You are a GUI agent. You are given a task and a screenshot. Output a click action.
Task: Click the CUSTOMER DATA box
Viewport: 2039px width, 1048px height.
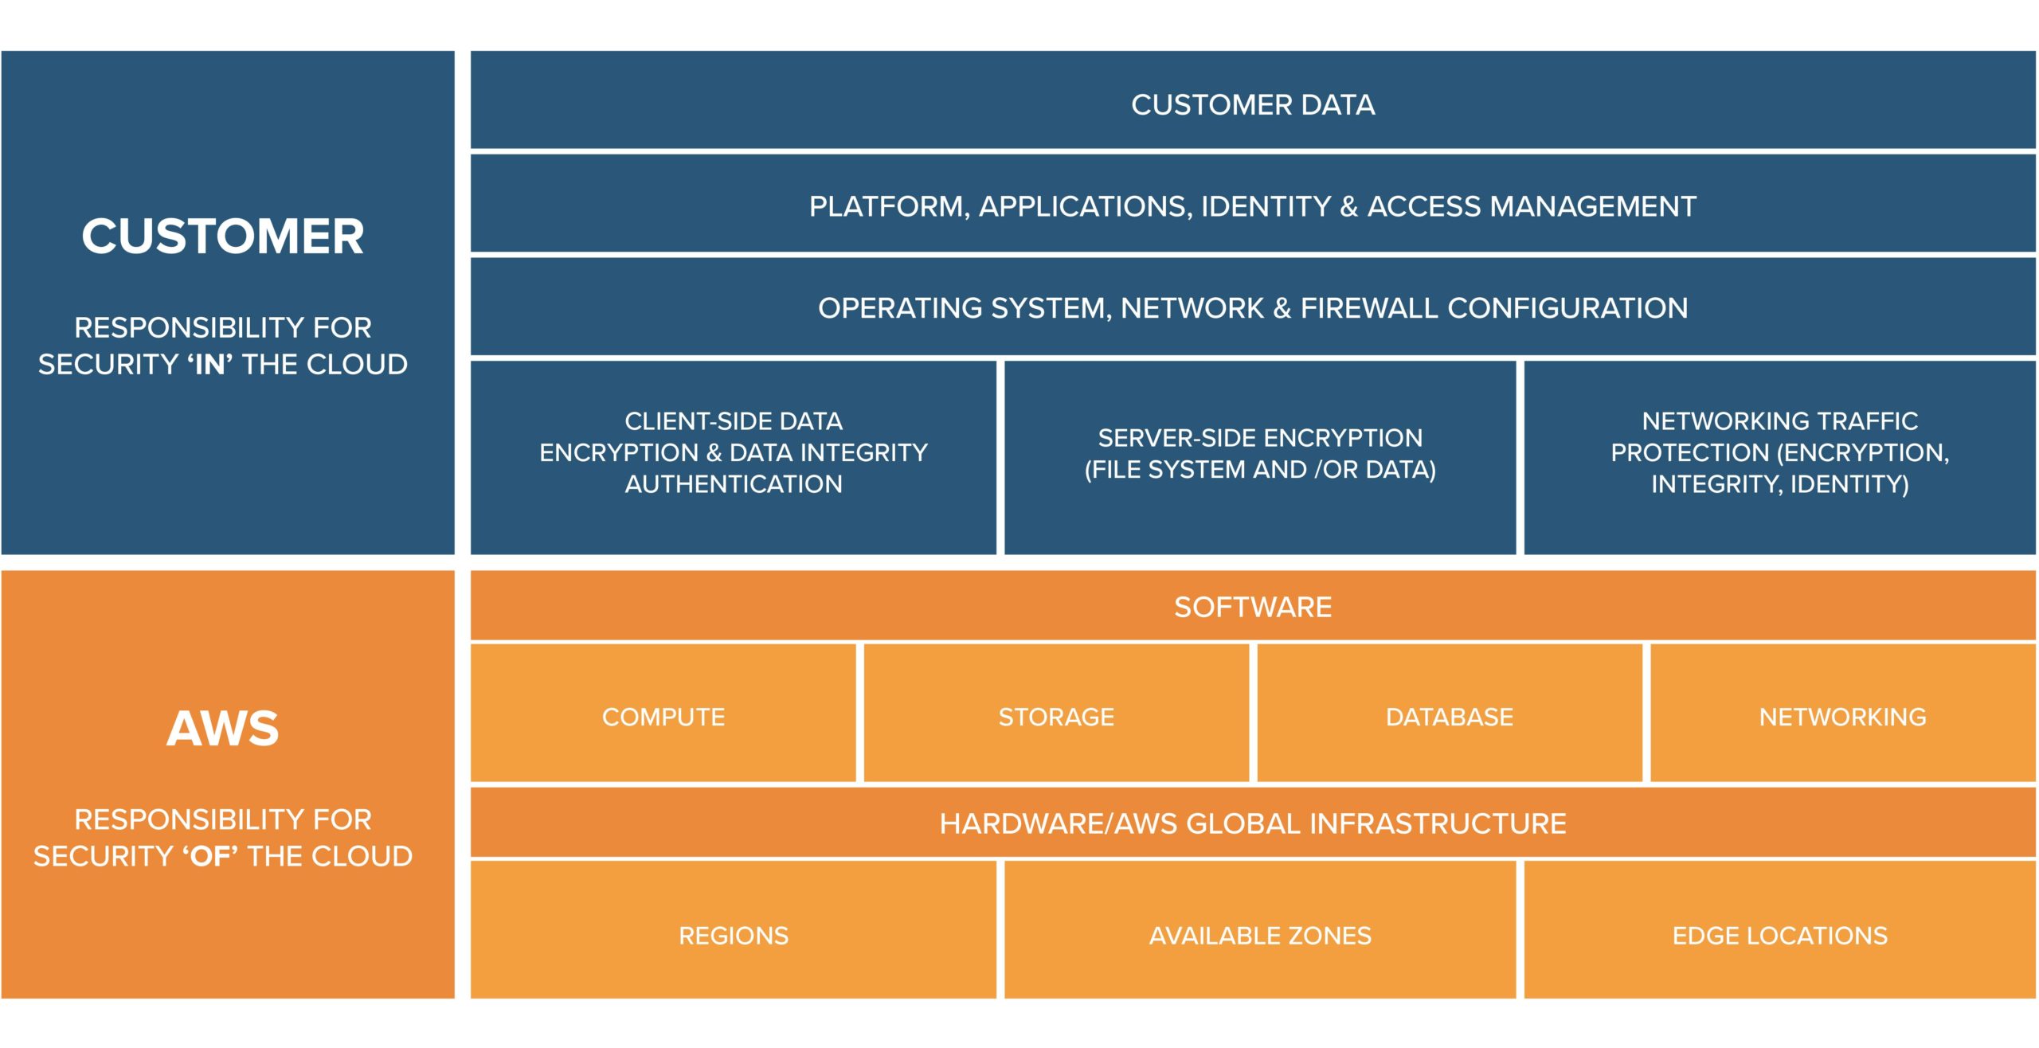[x=1252, y=104]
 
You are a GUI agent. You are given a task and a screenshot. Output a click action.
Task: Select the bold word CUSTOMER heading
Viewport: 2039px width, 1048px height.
[x=223, y=237]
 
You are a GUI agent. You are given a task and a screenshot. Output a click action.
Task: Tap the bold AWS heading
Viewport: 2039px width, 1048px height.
[x=223, y=728]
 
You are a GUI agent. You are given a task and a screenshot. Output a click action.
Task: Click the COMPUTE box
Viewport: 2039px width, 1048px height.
[x=663, y=717]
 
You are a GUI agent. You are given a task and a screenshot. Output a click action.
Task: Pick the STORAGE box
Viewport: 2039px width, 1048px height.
[x=1056, y=717]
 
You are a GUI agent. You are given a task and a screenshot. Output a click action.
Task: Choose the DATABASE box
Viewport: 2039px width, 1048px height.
[x=1449, y=717]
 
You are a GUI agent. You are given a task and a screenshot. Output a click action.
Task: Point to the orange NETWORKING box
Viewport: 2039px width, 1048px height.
[x=1842, y=717]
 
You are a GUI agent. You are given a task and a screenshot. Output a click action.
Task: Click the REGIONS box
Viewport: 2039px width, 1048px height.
[x=733, y=935]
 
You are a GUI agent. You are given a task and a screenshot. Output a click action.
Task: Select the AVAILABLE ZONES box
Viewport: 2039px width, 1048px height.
[x=1260, y=935]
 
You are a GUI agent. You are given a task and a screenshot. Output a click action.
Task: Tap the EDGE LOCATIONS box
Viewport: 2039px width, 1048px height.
[x=1779, y=935]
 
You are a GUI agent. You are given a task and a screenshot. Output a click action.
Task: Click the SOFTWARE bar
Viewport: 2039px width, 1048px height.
[x=1252, y=607]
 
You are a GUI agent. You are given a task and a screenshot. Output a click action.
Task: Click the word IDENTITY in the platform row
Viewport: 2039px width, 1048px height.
[x=1265, y=206]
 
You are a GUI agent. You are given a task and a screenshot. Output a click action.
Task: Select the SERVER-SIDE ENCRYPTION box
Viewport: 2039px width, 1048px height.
[x=1260, y=454]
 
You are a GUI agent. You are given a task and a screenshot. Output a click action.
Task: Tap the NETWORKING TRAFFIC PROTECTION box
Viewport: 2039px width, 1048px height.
[x=1779, y=452]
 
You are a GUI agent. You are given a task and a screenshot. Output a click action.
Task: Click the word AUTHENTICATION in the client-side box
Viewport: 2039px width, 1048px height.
[x=733, y=484]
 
